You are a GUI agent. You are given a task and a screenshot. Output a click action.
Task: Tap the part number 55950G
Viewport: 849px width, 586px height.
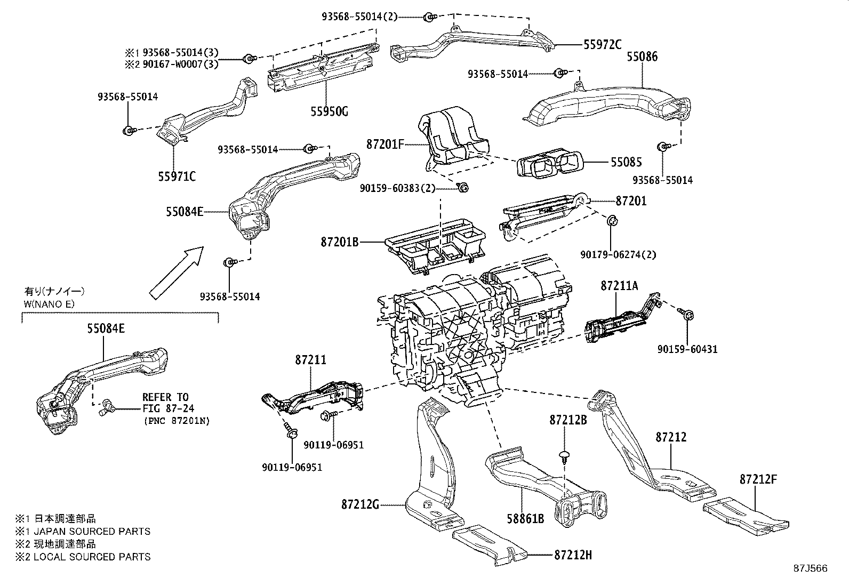329,111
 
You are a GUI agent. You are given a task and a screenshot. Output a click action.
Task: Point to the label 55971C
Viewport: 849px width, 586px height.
177,175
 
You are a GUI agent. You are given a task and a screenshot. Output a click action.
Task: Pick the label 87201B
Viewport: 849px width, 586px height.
339,242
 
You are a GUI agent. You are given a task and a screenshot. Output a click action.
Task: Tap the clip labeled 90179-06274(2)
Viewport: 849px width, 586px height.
612,220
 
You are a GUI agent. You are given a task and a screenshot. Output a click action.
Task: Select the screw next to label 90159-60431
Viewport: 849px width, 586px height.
688,316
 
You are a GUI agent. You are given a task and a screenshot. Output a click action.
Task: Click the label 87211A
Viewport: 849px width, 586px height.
619,286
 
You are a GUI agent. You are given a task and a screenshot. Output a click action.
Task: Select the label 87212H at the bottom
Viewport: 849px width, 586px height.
573,555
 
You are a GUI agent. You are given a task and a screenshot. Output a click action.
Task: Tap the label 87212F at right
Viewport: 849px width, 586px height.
758,479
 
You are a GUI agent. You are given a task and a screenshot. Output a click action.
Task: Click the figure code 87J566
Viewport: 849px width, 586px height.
810,568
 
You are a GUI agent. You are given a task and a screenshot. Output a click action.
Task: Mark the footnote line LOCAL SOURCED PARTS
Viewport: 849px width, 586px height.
83,557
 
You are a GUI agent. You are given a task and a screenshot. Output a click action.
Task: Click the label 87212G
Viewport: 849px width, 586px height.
360,504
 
